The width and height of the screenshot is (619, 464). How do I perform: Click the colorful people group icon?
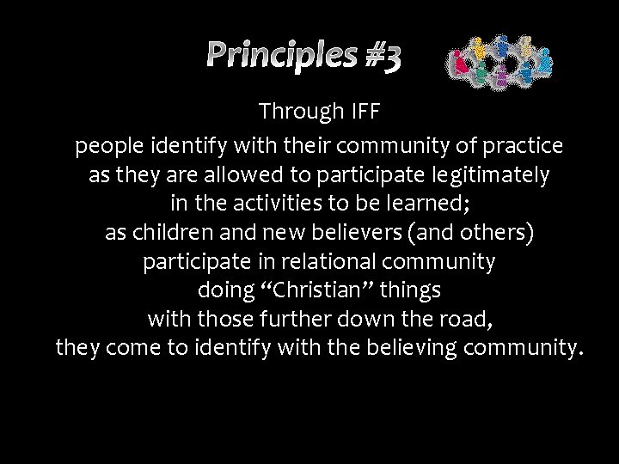coord(499,62)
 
